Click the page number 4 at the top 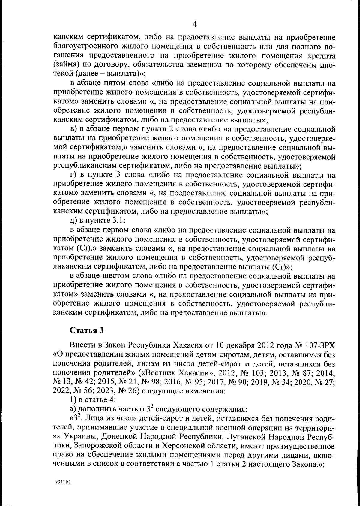194,24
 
